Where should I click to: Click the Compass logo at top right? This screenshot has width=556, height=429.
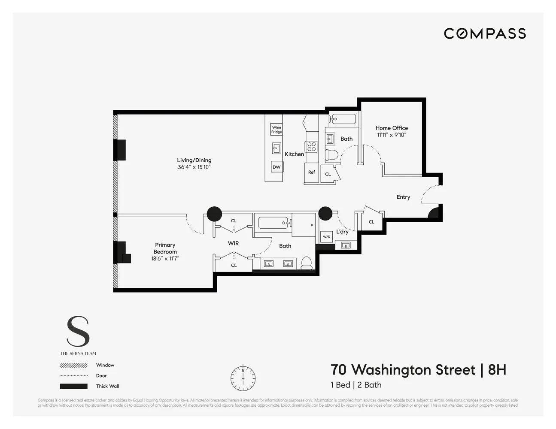coord(485,33)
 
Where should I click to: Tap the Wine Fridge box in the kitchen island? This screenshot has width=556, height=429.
coord(276,130)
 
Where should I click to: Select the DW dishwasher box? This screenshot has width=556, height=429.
coord(276,167)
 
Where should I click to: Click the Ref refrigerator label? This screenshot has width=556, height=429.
coord(312,172)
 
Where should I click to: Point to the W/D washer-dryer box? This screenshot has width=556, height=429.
coord(326,237)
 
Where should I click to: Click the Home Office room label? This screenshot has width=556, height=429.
coord(392,128)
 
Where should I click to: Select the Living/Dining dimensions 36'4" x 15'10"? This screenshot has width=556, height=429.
coord(194,167)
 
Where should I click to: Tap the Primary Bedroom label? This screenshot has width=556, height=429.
coord(165,248)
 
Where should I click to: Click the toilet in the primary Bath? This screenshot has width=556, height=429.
coord(307,263)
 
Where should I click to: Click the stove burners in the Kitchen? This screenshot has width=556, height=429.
coord(311,147)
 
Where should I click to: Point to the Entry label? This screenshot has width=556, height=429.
coord(403,197)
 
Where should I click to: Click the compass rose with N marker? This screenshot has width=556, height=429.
coord(243,378)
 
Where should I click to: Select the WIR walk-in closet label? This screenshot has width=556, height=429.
coord(233,243)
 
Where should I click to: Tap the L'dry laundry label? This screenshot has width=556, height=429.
coord(342,232)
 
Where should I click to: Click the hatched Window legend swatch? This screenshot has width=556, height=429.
coord(73,366)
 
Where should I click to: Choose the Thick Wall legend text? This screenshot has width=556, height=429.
coord(107,386)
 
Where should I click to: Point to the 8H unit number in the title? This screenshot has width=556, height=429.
coord(497,370)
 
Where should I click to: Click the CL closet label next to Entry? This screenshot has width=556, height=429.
coord(371,222)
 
